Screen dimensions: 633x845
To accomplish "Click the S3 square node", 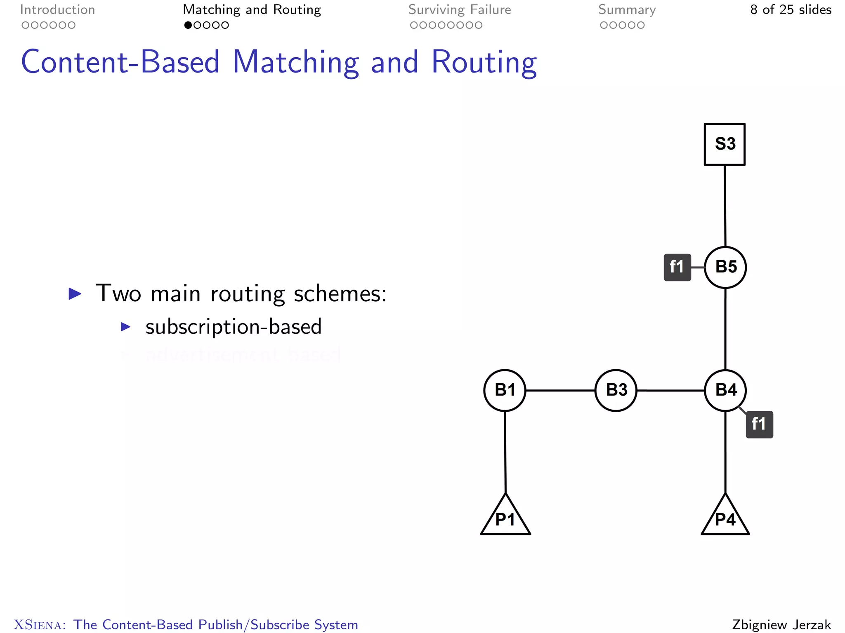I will coord(725,144).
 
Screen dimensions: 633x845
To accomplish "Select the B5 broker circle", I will coord(725,267).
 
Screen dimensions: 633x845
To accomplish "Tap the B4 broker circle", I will coord(725,390).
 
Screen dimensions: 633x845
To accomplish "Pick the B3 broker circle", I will coord(616,390).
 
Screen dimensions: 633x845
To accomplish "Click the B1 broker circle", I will coord(505,390).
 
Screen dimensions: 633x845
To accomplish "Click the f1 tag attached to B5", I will coord(677,267).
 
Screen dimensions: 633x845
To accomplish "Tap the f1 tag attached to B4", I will coord(759,424).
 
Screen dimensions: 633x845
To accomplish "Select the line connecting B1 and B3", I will coord(560,390).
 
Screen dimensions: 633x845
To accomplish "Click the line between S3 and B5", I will coord(725,206).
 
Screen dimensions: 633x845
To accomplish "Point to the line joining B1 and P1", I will coord(505,452).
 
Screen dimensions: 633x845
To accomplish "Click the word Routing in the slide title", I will coord(484,62).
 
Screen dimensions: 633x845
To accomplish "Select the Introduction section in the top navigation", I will coord(57,10).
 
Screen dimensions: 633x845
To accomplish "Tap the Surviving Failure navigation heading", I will coord(460,10).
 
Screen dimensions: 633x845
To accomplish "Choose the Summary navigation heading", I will coord(627,10).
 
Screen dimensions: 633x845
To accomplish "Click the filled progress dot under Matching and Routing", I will coord(188,25).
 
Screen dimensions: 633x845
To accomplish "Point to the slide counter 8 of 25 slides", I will coord(791,10).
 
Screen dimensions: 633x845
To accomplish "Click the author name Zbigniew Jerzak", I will coord(781,624).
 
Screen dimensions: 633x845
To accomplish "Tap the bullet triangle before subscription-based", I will coord(125,327).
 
